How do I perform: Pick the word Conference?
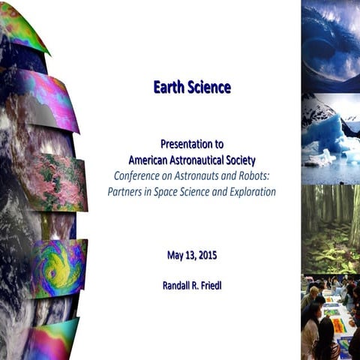pos(137,175)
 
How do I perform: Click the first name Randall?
pos(179,286)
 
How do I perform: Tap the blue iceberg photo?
pos(330,139)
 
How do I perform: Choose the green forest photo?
pos(330,229)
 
